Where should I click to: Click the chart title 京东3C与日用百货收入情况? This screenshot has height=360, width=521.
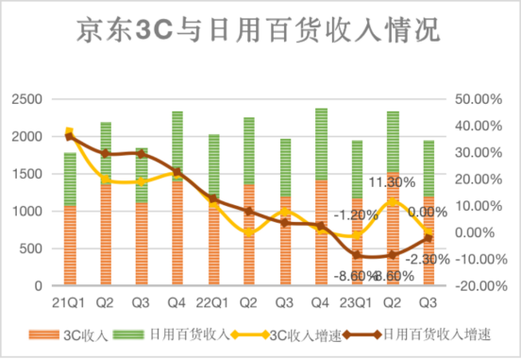click(x=260, y=32)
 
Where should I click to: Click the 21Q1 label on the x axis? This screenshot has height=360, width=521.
click(x=69, y=303)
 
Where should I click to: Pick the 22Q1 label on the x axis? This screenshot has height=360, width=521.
click(x=213, y=303)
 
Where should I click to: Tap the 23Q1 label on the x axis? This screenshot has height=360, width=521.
click(x=358, y=303)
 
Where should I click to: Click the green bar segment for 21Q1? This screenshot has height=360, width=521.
click(x=70, y=179)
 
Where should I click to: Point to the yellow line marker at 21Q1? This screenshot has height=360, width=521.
click(x=70, y=131)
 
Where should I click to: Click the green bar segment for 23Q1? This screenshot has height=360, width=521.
click(x=358, y=170)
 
